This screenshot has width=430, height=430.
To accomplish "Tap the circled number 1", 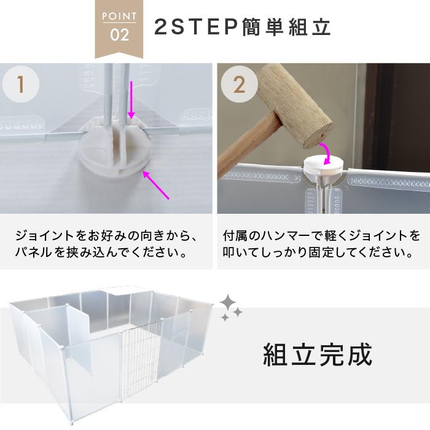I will pyautogui.click(x=21, y=85).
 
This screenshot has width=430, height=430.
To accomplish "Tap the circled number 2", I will pyautogui.click(x=240, y=85).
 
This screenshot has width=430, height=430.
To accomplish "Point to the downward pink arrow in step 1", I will pyautogui.click(x=131, y=98).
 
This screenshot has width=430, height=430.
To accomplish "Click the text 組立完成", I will pyautogui.click(x=318, y=354).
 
